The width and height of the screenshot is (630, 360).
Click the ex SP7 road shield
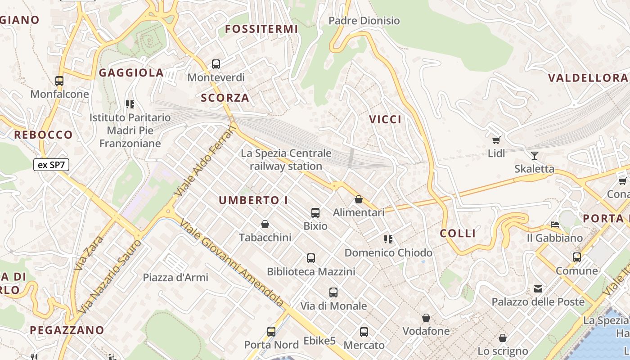(x=51, y=165)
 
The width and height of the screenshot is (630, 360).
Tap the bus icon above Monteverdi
(x=216, y=64)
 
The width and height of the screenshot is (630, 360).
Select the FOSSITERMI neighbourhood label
(x=261, y=29)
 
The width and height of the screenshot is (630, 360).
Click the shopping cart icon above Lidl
(x=496, y=140)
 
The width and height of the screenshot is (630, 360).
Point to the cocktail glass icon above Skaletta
(x=534, y=156)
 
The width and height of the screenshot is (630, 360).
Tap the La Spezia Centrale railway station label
(x=286, y=160)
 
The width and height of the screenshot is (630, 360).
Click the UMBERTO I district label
(x=253, y=200)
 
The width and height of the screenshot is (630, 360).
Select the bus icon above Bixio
(x=315, y=212)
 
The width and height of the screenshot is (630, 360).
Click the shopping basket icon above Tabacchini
(x=265, y=224)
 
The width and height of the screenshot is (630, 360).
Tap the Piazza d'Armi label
(x=175, y=277)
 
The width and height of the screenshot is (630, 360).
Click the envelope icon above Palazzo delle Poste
(x=538, y=288)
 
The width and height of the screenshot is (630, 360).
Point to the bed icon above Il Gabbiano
(x=555, y=225)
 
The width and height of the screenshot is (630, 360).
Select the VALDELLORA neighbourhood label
(x=587, y=78)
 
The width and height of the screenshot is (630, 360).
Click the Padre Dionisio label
(x=364, y=21)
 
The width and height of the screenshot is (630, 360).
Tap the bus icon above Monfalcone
(x=59, y=81)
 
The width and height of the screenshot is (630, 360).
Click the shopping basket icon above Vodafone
(x=426, y=318)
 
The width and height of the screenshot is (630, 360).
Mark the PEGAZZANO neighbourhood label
(x=67, y=330)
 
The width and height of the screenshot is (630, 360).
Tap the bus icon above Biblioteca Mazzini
(x=311, y=258)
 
